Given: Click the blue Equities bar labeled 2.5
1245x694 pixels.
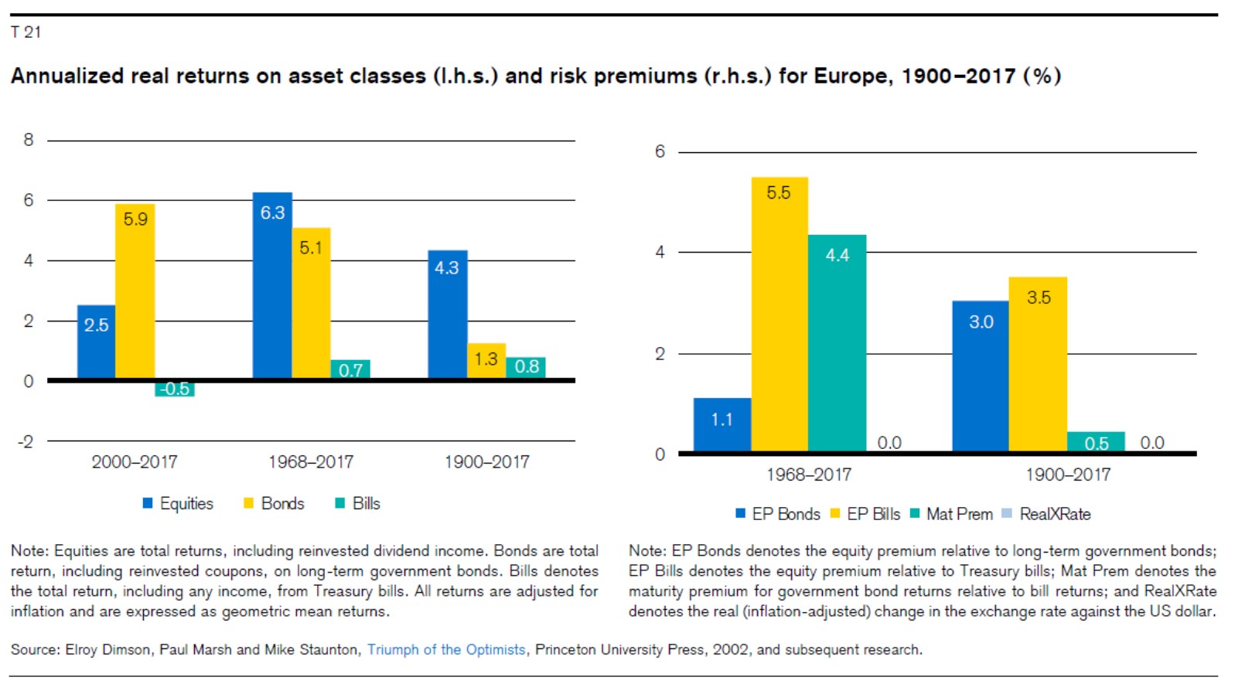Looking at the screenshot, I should tap(96, 341).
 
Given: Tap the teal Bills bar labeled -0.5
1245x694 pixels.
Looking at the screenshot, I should tap(175, 389).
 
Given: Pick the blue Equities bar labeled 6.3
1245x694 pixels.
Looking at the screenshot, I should tap(272, 285).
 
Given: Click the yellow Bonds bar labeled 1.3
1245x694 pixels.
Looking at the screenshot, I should tap(486, 361).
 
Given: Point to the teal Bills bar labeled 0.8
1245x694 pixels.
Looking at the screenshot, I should tap(526, 368).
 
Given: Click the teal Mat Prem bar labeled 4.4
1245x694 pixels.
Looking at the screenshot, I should tap(837, 343).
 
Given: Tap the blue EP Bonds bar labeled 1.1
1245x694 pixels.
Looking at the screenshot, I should tap(722, 424).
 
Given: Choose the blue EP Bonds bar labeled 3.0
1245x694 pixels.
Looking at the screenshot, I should tap(981, 376).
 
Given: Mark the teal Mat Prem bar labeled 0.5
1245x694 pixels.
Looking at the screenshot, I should tap(1096, 442).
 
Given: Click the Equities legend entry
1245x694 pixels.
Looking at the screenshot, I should tap(179, 504).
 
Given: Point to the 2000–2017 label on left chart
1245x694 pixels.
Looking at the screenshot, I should tap(135, 462).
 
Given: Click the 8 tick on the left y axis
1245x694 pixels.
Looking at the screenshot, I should tap(29, 140).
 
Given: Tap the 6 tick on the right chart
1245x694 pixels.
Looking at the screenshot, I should tap(660, 151).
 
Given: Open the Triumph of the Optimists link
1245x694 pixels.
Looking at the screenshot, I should tap(446, 650).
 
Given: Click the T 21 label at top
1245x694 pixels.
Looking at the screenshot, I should tap(26, 32).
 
